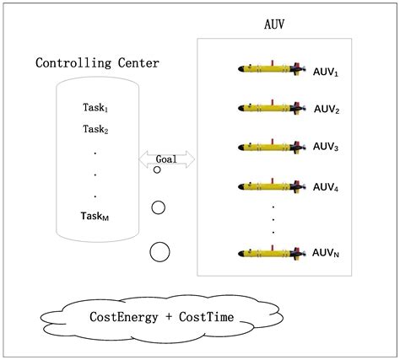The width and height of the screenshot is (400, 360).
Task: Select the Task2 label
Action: [95, 129]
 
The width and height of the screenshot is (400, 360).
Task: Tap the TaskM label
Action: [95, 216]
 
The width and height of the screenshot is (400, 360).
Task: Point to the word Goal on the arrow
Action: [166, 158]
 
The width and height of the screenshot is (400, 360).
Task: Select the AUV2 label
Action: [327, 110]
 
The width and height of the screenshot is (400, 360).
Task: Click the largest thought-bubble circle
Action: [159, 250]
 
